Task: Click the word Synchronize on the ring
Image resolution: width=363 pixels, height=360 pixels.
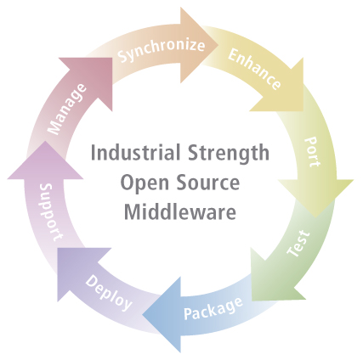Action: [x=161, y=50]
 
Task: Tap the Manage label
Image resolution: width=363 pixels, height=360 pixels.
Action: [x=66, y=109]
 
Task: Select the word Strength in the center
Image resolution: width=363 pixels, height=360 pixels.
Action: [x=224, y=155]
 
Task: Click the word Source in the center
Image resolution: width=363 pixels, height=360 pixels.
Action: [x=209, y=183]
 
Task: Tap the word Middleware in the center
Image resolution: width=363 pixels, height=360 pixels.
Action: [x=180, y=211]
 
